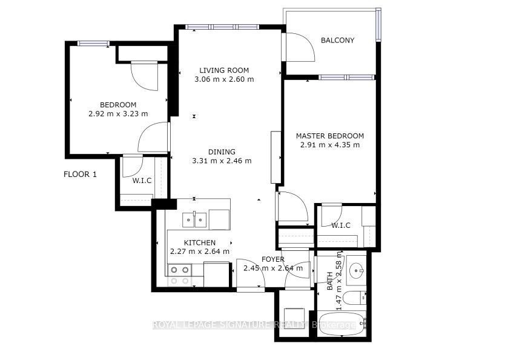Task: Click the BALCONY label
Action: click(x=337, y=40)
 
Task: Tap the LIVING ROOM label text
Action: click(x=224, y=70)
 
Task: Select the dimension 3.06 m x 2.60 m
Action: click(x=224, y=79)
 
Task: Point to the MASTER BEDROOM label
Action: click(x=330, y=136)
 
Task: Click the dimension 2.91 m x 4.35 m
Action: click(x=330, y=145)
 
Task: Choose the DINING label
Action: click(x=222, y=152)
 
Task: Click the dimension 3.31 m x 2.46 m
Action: click(x=222, y=161)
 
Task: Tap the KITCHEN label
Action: click(x=200, y=242)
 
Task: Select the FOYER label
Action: click(x=273, y=259)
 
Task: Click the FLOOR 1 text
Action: click(x=80, y=174)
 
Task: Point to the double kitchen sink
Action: click(x=194, y=220)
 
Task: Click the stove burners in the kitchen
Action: click(x=179, y=275)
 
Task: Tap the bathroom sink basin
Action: click(x=357, y=270)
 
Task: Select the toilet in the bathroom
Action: click(x=354, y=298)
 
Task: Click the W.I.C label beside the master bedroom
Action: click(x=340, y=225)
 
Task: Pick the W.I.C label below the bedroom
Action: click(x=142, y=181)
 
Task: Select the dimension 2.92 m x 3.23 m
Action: click(x=118, y=114)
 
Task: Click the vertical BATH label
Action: click(x=329, y=281)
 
